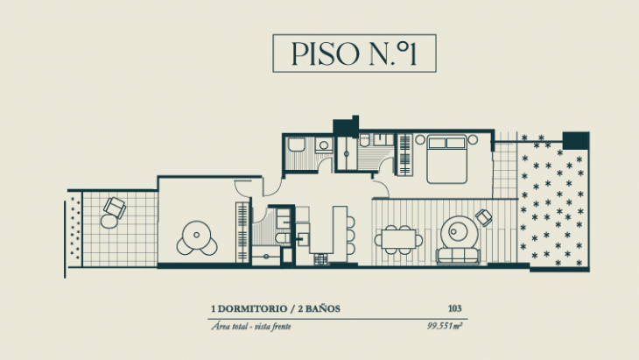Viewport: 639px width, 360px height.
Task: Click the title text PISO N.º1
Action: [x=352, y=53]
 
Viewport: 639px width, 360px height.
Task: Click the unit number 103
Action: [x=453, y=308]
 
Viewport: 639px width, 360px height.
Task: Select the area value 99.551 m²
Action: [x=444, y=327]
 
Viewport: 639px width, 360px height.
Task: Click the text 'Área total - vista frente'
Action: [x=249, y=327]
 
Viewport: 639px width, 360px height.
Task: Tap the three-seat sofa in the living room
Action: [x=458, y=256]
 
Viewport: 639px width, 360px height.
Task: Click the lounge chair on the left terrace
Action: [x=114, y=209]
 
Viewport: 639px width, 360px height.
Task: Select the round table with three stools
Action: [x=193, y=235]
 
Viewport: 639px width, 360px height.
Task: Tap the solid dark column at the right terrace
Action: [x=575, y=140]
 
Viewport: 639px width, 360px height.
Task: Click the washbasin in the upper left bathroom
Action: [x=323, y=145]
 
